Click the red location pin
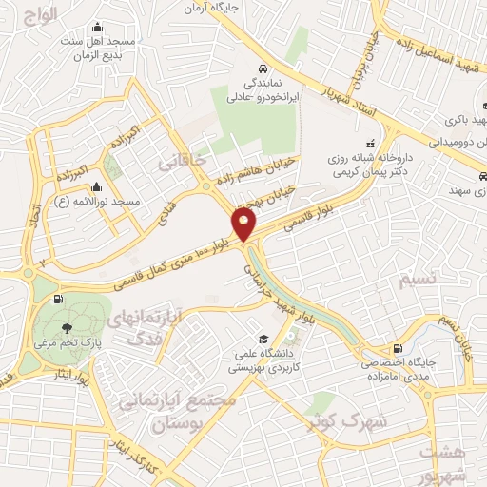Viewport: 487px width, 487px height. [244, 224]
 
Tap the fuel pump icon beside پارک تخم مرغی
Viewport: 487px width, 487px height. [60, 301]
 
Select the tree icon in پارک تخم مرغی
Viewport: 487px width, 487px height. [67, 326]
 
